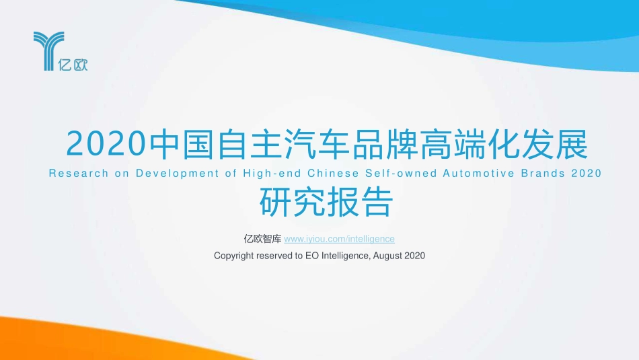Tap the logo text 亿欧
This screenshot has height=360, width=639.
[73, 65]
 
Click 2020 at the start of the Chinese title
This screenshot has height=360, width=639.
[106, 143]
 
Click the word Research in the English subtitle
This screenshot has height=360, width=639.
[79, 174]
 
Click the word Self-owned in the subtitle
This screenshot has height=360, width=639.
[399, 174]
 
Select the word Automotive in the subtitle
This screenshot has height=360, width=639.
[480, 174]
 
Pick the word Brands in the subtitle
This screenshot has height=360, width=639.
[543, 174]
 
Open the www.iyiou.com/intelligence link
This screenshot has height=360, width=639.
[340, 239]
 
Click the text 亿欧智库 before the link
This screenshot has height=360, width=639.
[262, 239]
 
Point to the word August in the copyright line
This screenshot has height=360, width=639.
[388, 256]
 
